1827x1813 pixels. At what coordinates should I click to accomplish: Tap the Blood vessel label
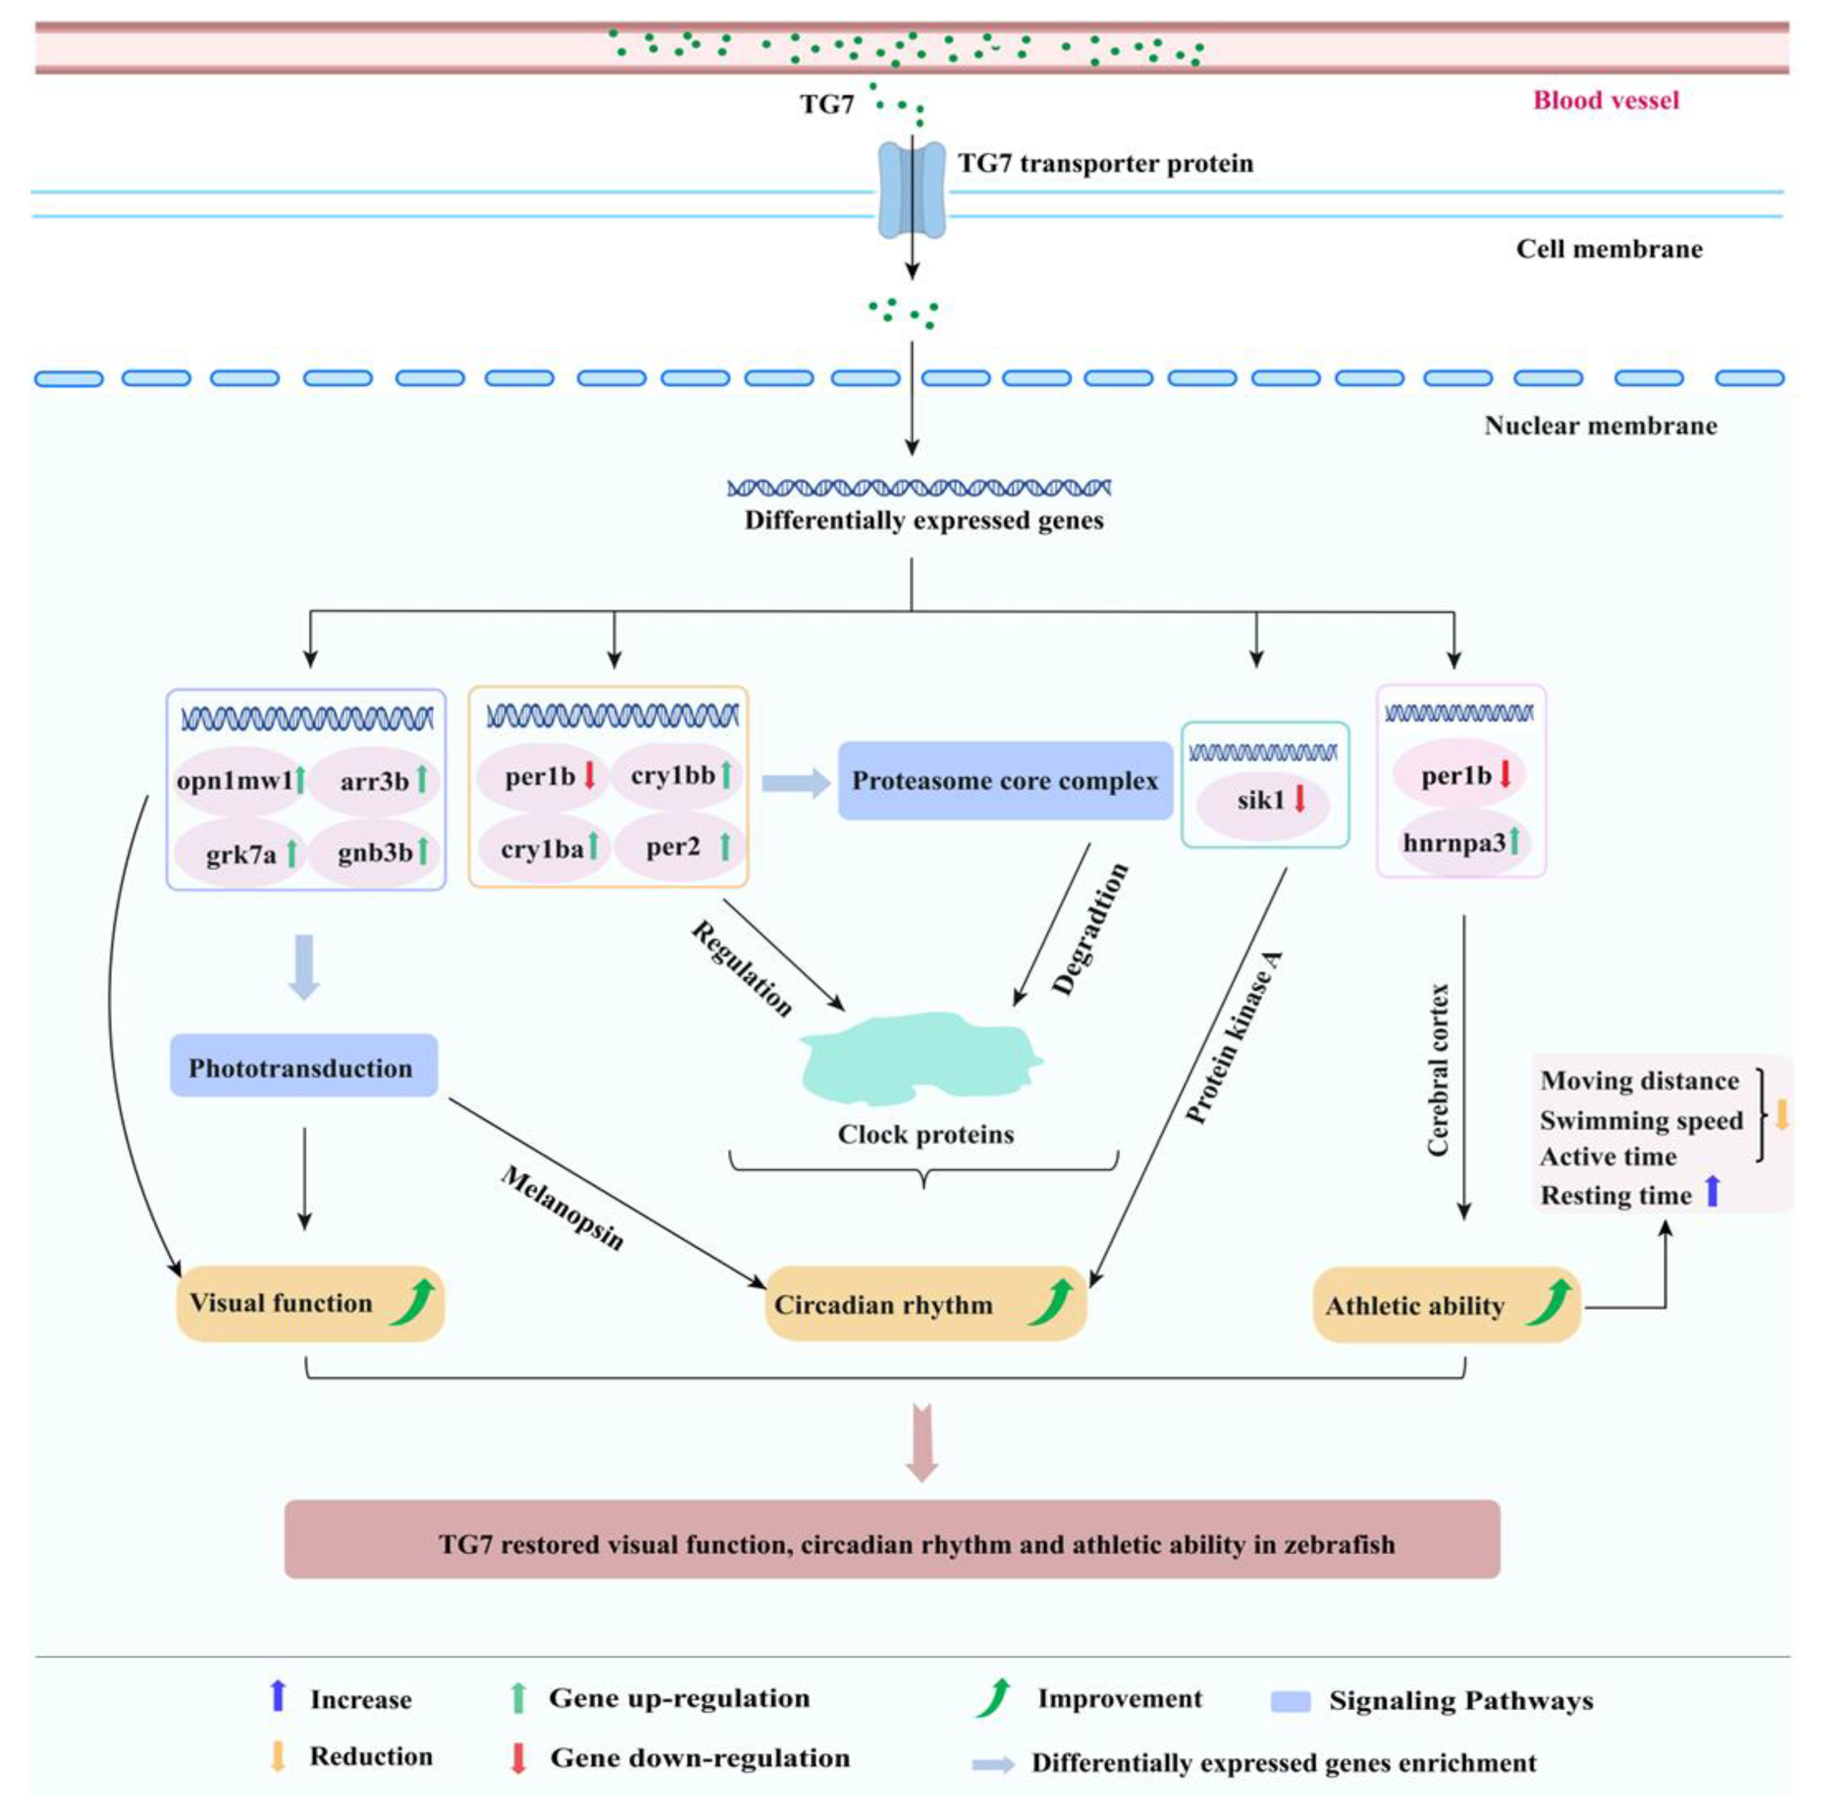click(x=1605, y=100)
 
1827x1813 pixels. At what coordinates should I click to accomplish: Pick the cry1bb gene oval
click(x=678, y=775)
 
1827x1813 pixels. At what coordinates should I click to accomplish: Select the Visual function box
click(x=310, y=1303)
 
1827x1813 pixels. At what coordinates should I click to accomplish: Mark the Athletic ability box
click(x=1447, y=1305)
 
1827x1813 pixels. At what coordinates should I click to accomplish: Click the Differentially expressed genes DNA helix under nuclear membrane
click(x=919, y=488)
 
